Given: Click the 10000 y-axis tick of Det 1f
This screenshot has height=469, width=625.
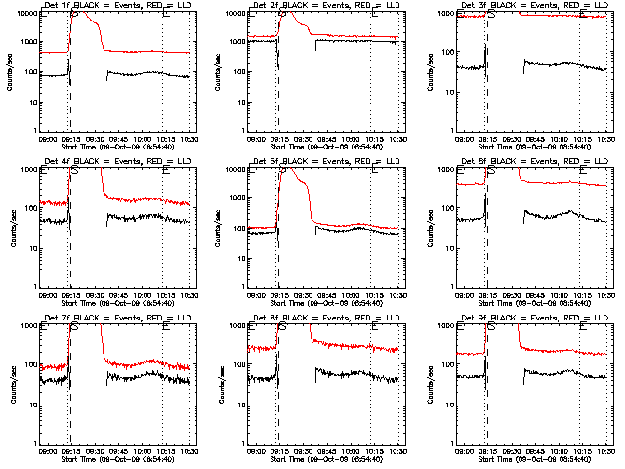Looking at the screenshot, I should [27, 14].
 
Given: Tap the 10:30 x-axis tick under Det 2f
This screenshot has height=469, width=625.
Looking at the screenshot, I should [398, 138].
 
